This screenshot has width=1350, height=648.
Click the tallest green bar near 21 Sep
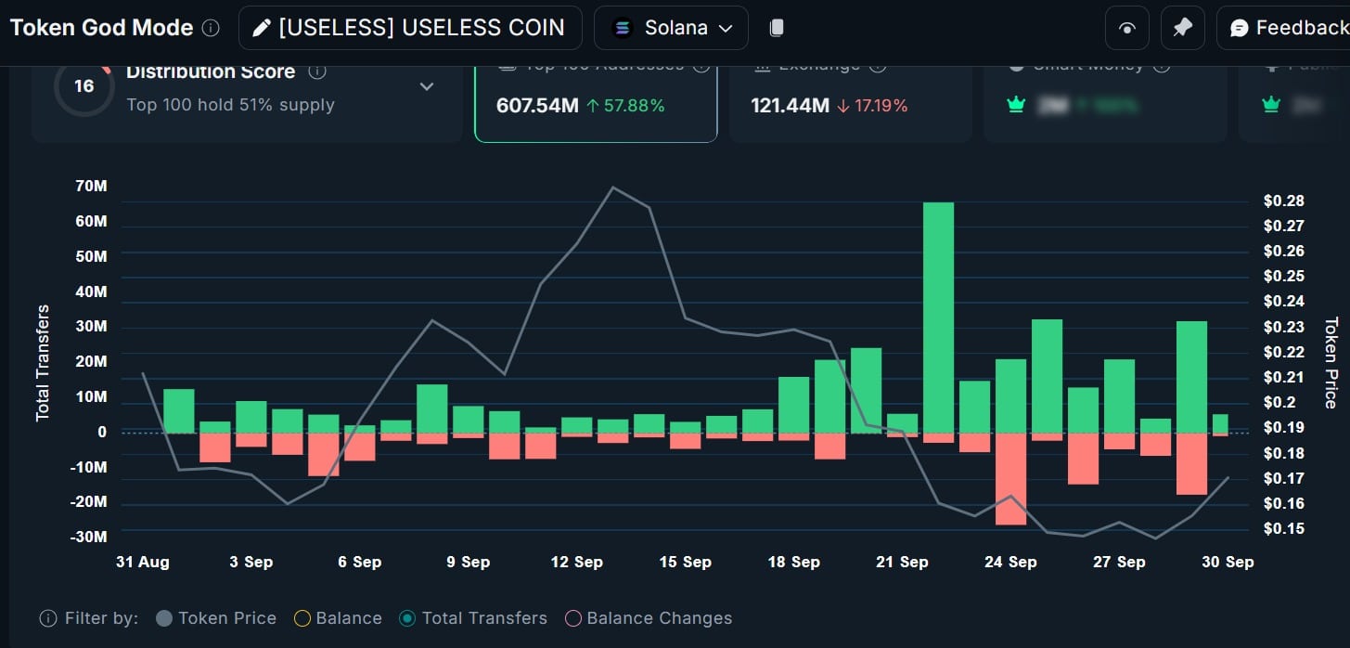point(938,317)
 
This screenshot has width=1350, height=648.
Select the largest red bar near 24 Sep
point(1010,479)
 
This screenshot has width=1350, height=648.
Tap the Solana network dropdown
point(671,28)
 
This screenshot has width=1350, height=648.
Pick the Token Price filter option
point(216,618)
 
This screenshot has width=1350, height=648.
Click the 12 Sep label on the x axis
point(576,562)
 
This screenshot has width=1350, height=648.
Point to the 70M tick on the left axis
point(91,187)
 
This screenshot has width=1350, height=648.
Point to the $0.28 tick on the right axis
point(1284,201)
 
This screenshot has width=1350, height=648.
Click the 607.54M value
point(537,106)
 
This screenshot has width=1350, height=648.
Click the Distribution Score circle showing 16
point(84,86)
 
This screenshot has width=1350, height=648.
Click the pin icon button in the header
point(1182,28)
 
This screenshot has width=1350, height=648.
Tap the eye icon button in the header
point(1126,28)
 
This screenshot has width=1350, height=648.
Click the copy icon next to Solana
point(777,28)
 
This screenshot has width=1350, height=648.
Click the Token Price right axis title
point(1330,363)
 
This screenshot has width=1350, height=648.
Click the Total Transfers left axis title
point(43,363)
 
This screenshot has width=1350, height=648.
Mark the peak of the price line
point(612,188)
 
